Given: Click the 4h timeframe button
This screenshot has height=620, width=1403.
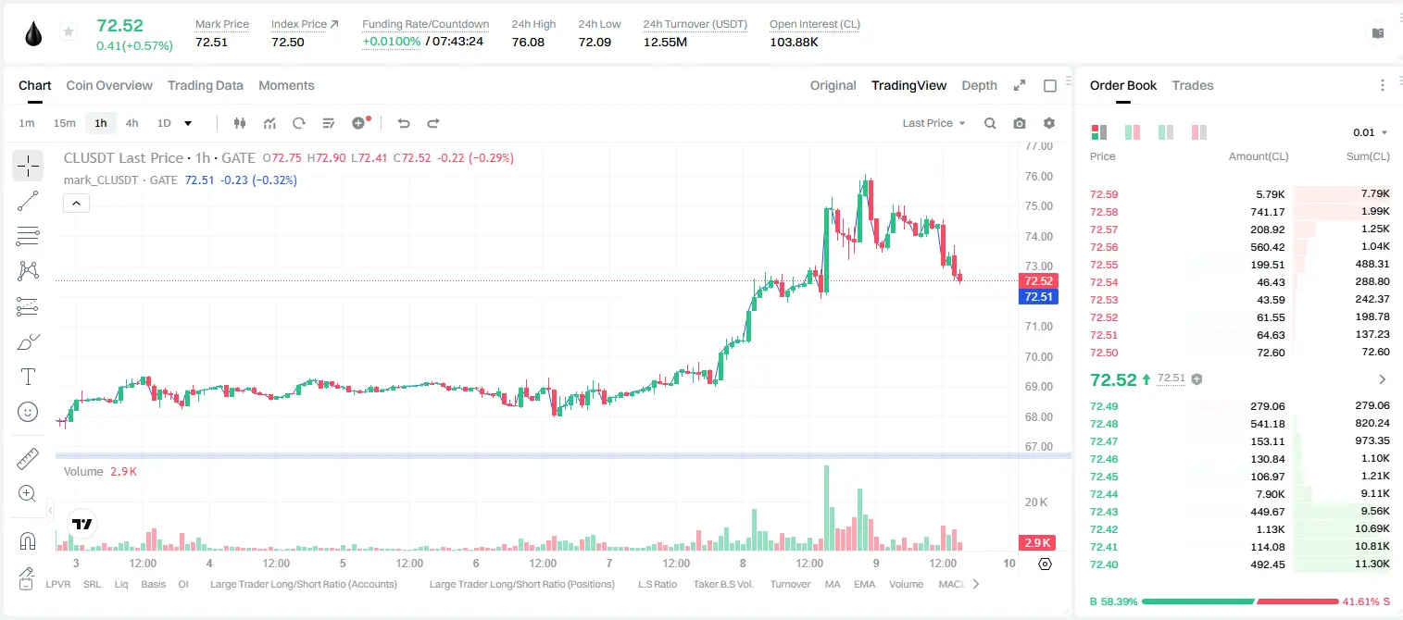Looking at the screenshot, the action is click(x=132, y=123).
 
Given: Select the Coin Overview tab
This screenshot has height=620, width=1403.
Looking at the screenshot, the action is click(x=109, y=85).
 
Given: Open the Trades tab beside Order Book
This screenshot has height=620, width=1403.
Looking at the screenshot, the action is click(x=1193, y=85).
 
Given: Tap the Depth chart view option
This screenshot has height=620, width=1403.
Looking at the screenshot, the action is click(x=979, y=85).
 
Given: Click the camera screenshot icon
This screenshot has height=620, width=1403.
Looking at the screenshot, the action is click(x=1020, y=123).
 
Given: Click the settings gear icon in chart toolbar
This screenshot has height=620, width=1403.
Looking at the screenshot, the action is click(x=1049, y=123).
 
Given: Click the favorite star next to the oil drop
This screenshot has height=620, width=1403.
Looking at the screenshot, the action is click(x=69, y=31).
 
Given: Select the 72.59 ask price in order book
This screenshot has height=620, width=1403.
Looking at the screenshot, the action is click(x=1104, y=194).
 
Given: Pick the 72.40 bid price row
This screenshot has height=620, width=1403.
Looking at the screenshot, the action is click(x=1104, y=564).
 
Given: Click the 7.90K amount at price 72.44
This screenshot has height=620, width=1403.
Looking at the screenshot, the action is click(x=1270, y=494).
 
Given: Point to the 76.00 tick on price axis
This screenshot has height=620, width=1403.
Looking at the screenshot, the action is click(x=1038, y=177).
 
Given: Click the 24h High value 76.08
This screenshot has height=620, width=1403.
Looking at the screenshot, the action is click(x=528, y=42).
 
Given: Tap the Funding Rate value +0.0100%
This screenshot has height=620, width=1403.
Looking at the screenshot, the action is click(x=392, y=42).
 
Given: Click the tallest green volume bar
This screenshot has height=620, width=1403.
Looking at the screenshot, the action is click(x=827, y=508).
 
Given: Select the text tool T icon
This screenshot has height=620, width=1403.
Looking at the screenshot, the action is click(x=28, y=377).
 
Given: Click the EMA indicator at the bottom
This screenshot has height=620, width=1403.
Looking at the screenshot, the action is click(x=864, y=584).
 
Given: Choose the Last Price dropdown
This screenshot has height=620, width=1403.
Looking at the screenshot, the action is click(x=933, y=123).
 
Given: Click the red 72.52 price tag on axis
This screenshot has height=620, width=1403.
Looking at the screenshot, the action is click(x=1038, y=281).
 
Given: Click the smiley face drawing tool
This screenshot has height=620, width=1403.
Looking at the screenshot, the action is click(x=28, y=412).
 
